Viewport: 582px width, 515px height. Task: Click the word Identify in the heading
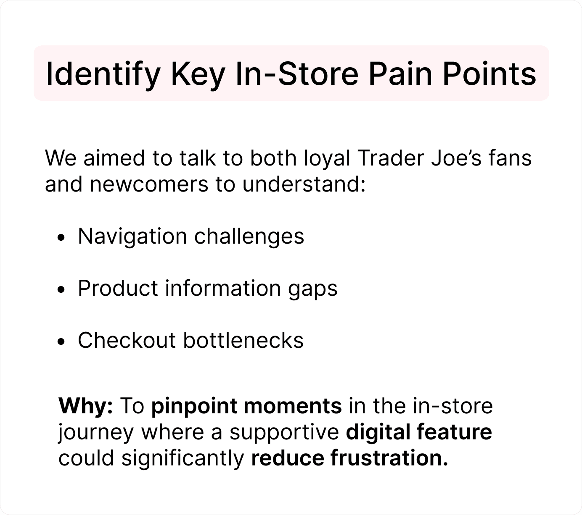[x=103, y=74]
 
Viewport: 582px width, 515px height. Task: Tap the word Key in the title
[x=198, y=74]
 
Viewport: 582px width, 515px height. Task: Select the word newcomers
[x=149, y=184]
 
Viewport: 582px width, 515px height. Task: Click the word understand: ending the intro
[x=304, y=184]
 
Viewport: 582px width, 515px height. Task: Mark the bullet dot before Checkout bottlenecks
[x=61, y=342]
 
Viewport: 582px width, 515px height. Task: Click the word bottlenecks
[x=243, y=340]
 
